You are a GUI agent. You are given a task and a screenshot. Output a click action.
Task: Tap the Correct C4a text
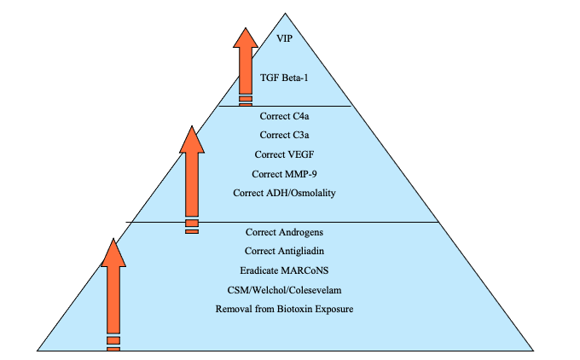point(284,115)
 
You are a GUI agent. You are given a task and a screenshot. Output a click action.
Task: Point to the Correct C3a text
point(284,135)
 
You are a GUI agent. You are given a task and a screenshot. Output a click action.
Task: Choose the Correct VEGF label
point(284,154)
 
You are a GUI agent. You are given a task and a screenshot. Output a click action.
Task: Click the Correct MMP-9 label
point(284,174)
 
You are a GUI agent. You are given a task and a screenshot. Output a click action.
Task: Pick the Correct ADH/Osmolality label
point(284,193)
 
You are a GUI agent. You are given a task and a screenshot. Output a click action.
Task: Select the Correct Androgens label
point(284,232)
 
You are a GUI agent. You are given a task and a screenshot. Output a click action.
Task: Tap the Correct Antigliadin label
point(284,251)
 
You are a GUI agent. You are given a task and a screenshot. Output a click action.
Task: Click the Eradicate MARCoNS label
point(284,270)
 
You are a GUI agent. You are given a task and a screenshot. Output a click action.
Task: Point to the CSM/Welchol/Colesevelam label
point(284,289)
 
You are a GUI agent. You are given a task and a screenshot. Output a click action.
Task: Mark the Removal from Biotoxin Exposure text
point(284,308)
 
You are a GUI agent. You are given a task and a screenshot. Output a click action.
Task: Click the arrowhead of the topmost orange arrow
point(246,38)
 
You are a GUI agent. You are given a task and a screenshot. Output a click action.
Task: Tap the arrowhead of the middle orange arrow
point(193,140)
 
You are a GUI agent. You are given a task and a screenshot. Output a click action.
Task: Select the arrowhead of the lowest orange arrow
point(113,253)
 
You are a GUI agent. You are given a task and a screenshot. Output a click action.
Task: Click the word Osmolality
point(309,193)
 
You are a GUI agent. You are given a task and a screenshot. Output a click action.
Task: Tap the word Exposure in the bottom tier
point(334,308)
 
